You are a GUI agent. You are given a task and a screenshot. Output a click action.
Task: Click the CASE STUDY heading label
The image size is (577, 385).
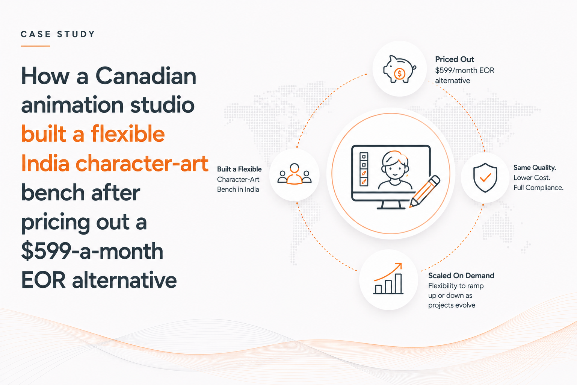point(58,34)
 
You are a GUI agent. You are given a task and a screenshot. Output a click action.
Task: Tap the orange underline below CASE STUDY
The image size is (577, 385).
point(35,46)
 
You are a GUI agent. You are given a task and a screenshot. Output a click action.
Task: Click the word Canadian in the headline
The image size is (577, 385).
point(146,76)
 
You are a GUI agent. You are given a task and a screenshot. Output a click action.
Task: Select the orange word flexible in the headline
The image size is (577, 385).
point(128,133)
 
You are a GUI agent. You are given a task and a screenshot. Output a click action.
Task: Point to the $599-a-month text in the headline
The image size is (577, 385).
point(92,251)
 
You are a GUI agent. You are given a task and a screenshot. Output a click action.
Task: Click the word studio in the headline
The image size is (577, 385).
point(162,105)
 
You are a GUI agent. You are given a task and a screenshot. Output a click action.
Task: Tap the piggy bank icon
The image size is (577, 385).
point(400,69)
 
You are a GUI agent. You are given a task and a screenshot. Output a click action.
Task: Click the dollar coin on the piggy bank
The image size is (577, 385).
point(400,74)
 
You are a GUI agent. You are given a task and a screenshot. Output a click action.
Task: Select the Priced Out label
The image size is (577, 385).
point(455,59)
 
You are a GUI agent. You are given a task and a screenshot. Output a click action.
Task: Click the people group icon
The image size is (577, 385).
point(295,174)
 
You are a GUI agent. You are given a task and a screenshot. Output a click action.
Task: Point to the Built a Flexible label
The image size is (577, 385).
point(239,169)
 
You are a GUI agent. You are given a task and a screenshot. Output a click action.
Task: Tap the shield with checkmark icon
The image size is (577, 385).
point(485,178)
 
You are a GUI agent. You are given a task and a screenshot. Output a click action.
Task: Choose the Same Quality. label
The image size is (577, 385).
point(535,168)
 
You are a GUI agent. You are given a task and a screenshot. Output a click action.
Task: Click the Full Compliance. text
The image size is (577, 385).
point(538,188)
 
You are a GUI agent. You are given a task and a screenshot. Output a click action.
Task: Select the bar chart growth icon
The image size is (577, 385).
point(388,279)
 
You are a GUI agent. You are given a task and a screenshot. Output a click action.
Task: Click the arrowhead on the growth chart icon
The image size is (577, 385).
point(399,266)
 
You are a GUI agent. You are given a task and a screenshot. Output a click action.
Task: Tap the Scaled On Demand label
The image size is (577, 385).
point(461,276)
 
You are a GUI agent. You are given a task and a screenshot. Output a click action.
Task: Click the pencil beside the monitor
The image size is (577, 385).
point(425,191)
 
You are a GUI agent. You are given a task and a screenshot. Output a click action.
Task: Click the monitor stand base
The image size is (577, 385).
point(391,208)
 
